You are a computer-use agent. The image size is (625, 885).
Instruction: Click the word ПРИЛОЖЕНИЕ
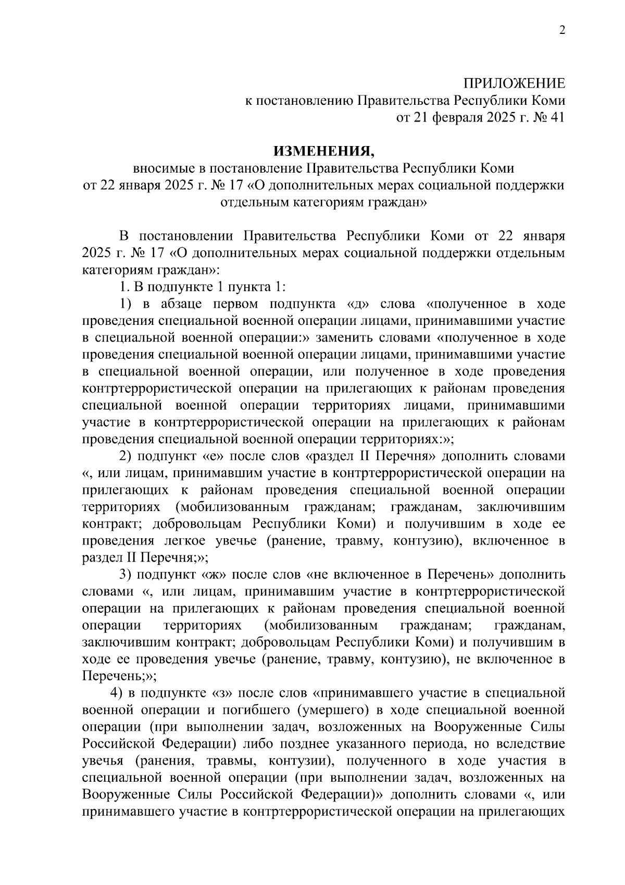click(515, 83)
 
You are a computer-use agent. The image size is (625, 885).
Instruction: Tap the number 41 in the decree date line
click(557, 117)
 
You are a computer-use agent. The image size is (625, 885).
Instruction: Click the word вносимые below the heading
click(164, 168)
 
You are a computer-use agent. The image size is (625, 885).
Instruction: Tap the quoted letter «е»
click(213, 456)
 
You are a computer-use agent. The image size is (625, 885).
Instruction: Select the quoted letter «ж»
click(214, 575)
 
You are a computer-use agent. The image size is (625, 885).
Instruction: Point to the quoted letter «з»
click(223, 693)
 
